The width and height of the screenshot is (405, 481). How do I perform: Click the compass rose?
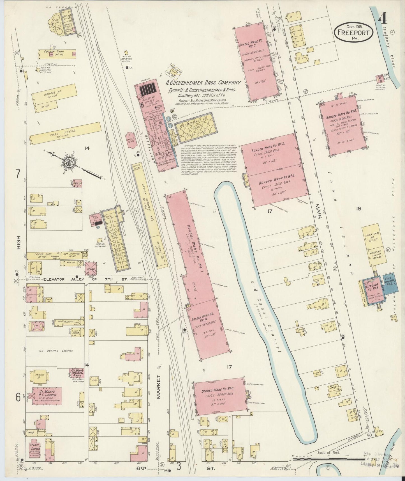tap(69, 162)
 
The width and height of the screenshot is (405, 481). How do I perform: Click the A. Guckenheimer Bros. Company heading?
tap(203, 83)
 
